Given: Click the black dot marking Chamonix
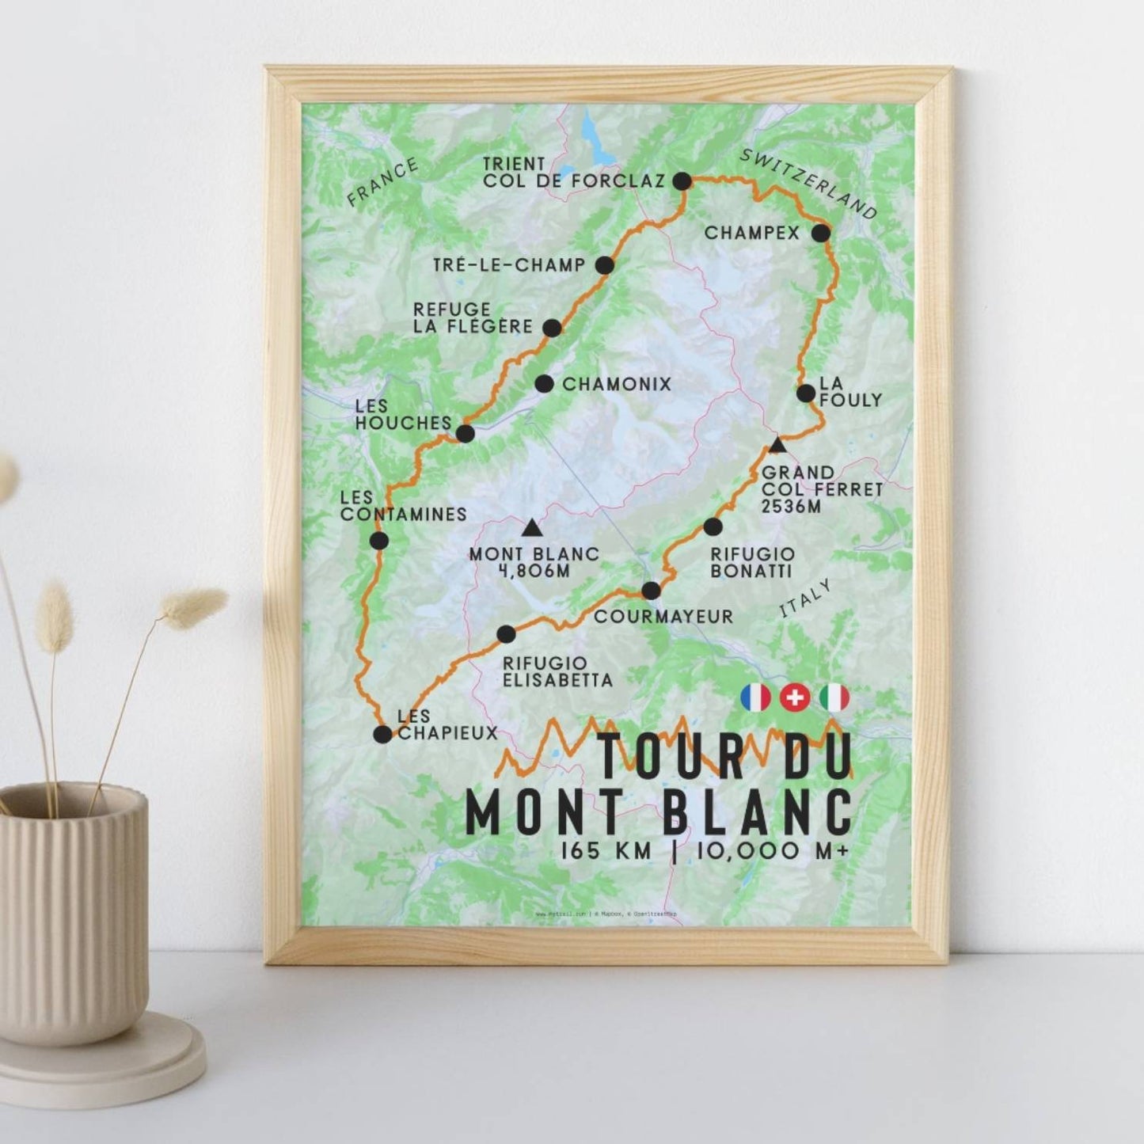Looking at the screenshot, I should click(544, 384).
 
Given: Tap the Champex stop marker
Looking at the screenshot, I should click(821, 233).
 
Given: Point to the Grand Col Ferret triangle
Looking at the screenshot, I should click(778, 445).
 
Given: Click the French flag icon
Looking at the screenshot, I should click(755, 697).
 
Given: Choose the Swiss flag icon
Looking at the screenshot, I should click(795, 697).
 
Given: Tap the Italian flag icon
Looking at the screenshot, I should click(834, 697).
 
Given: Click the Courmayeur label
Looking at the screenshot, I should click(663, 616).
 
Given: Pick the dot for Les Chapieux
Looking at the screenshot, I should click(382, 734).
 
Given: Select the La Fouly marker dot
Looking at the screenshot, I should click(806, 393).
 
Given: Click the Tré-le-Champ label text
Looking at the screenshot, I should click(508, 265).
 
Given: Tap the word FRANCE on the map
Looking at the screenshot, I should click(382, 183).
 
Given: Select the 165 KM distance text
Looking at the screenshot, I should click(606, 851).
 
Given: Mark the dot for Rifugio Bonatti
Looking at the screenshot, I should click(713, 526).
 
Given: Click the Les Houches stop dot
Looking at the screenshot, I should click(466, 434).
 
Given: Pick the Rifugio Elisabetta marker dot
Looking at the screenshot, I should click(505, 633).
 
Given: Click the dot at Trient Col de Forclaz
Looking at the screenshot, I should click(682, 181).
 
